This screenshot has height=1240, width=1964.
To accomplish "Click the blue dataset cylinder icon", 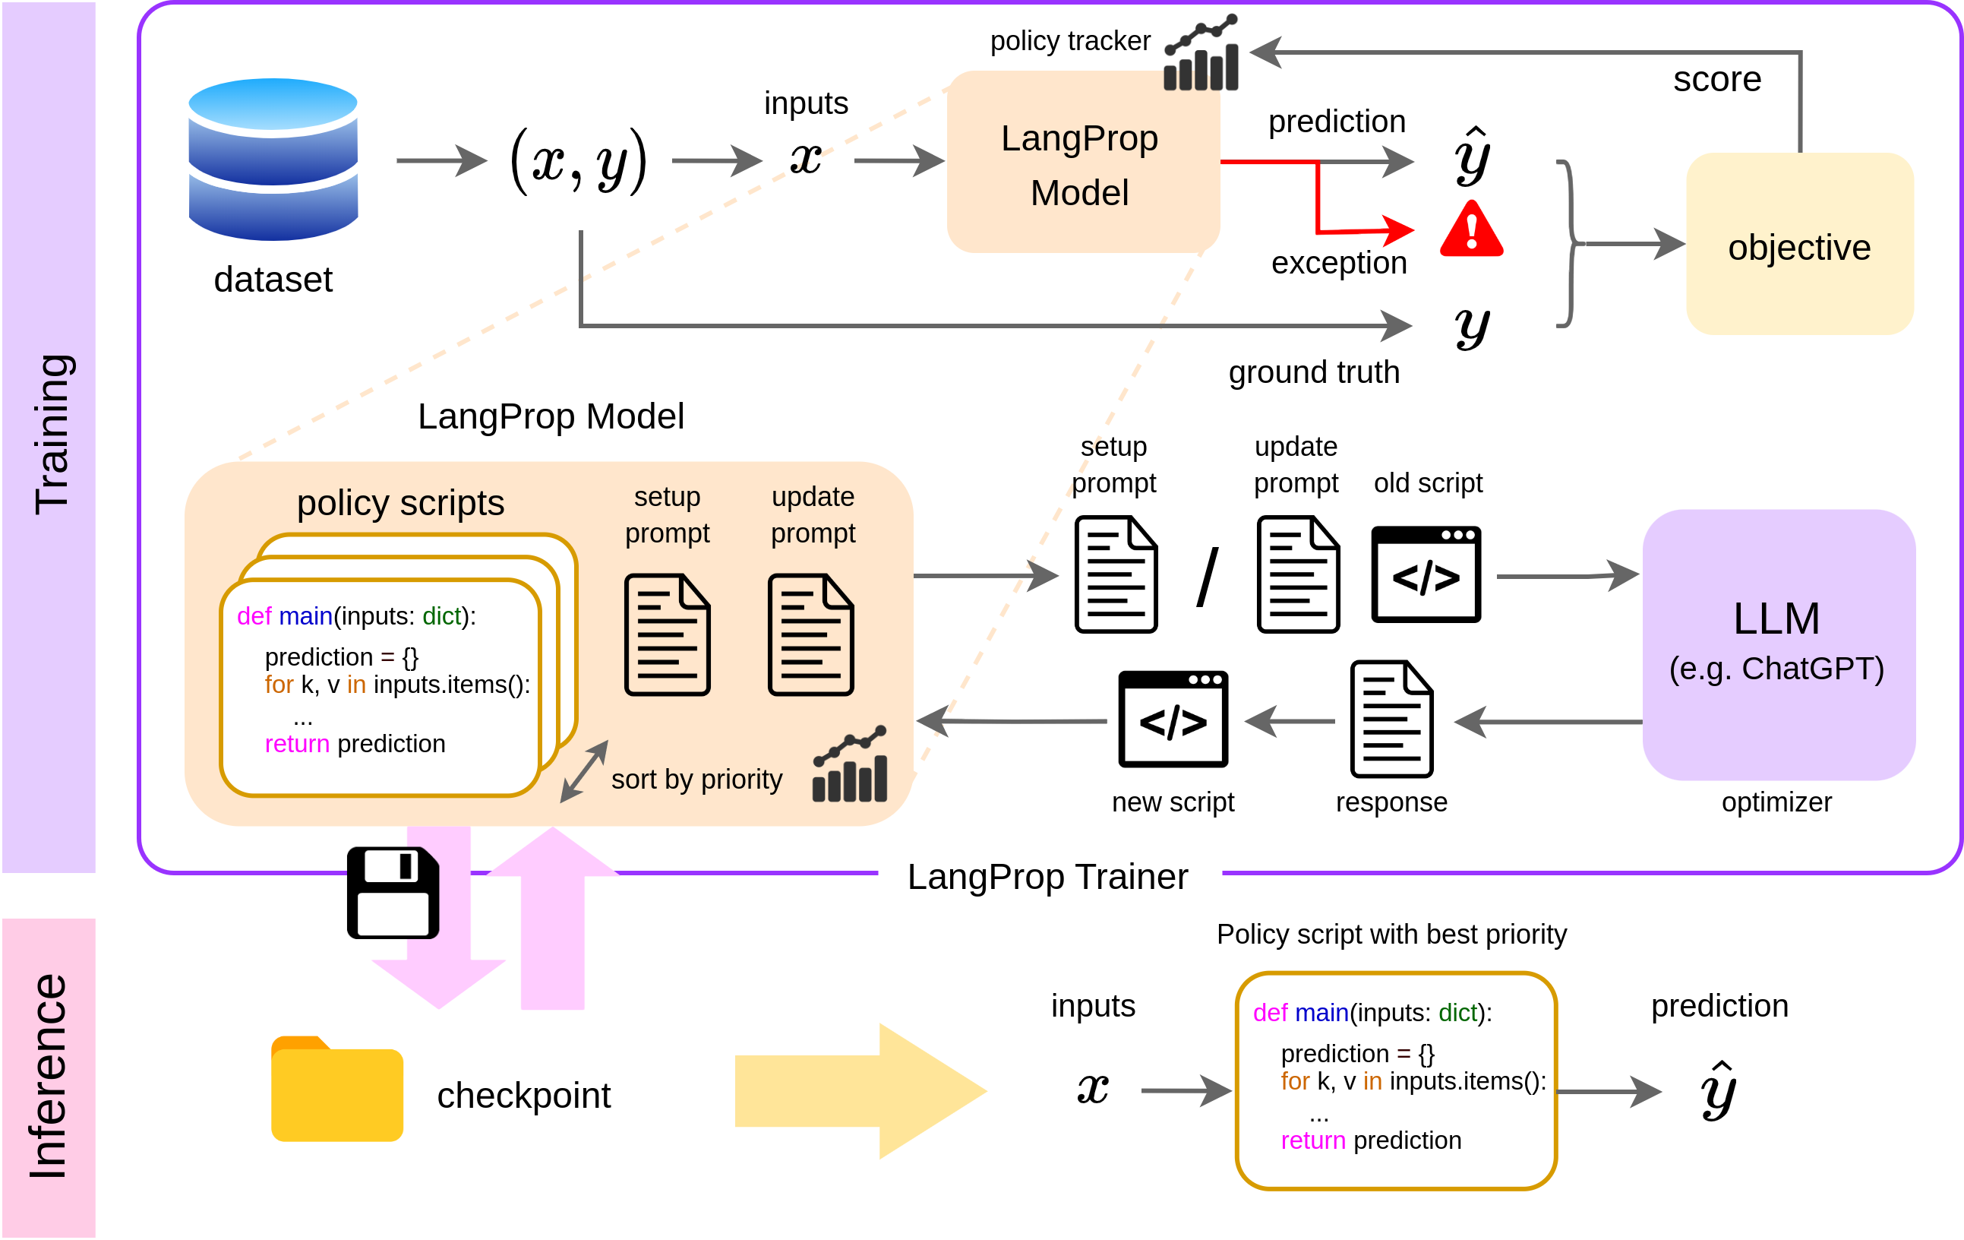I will point(273,159).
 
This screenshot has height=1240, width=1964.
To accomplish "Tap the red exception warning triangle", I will point(1471,231).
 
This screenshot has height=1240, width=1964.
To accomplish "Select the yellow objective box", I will point(1799,244).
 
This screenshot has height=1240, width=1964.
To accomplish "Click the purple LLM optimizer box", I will point(1778,644).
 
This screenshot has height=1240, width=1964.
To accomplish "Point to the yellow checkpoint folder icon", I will point(337,1090).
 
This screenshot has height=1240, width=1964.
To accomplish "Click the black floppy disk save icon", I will point(393,893).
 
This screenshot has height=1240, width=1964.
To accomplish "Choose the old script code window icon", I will point(1426,574).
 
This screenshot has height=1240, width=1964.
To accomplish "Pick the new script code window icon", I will point(1173,719).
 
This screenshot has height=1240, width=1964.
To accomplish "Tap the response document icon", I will point(1391,719).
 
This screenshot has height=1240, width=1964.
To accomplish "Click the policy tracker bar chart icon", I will point(1201,54).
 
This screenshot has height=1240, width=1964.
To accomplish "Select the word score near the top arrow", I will point(1717,80).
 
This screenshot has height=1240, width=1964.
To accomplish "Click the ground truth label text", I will point(1314,373).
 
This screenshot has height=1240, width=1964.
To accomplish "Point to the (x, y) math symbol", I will point(578,161).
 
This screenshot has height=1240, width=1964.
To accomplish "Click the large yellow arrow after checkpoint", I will point(860,1091).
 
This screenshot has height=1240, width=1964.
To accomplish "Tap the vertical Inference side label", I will point(48,1077).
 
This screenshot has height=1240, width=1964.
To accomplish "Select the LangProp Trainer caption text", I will point(1047,877).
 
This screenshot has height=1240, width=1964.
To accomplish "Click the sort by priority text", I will point(696,780).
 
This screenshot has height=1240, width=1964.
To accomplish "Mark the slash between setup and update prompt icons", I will point(1208,577).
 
